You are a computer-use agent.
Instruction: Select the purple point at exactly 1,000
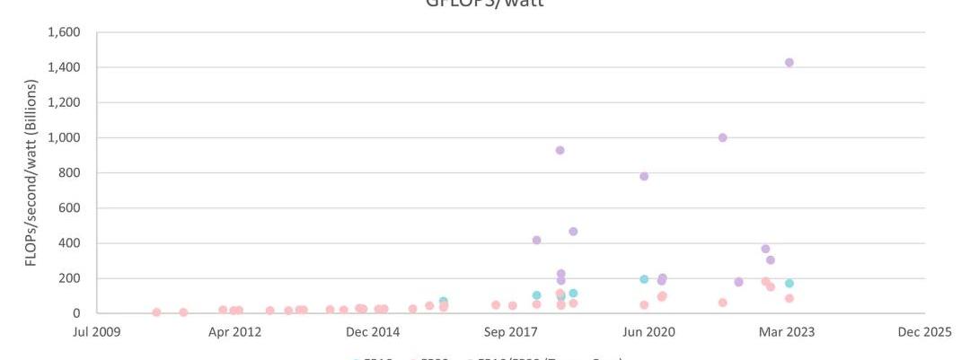[722, 137]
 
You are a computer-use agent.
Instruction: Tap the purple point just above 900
[560, 150]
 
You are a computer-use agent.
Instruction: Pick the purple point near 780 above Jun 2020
[644, 176]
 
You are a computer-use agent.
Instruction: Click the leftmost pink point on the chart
[156, 312]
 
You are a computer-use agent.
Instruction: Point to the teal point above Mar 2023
[789, 284]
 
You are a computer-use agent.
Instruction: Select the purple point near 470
[573, 232]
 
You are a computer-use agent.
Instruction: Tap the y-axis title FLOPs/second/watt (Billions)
[31, 173]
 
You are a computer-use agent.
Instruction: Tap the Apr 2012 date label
[235, 332]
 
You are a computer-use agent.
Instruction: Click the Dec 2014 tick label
[374, 332]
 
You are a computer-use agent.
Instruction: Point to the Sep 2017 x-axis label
[511, 332]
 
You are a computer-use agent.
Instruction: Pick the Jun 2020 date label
[649, 332]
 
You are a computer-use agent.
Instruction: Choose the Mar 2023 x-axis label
[788, 332]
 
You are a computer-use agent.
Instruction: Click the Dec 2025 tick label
[925, 332]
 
